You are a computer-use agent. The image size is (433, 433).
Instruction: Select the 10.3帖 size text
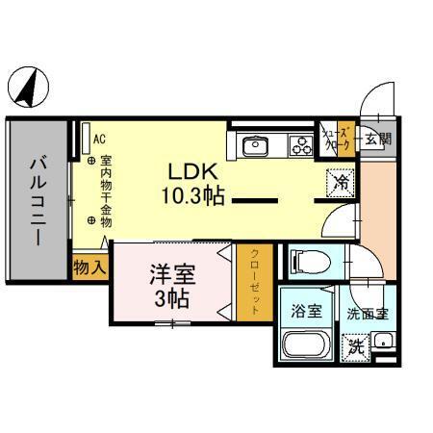pos(192,196)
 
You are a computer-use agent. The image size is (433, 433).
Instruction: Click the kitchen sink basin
pos(257,146)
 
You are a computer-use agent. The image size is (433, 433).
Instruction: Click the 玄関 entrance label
pos(377,139)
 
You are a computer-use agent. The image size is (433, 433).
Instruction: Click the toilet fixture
pos(308,259)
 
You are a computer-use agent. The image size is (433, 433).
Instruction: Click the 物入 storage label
pos(89,267)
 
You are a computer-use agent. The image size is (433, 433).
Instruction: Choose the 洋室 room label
pos(172,273)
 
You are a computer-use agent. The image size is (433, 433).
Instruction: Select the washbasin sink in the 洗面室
pos(384,341)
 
